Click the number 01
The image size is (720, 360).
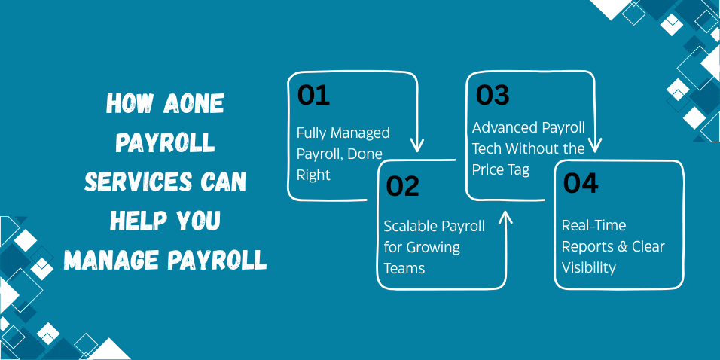click(313, 96)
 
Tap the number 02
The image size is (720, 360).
click(403, 186)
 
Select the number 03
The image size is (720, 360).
click(493, 95)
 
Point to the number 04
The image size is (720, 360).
click(581, 183)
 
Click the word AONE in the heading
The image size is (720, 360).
click(194, 104)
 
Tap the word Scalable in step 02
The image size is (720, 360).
click(412, 226)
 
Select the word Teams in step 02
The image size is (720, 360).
click(404, 267)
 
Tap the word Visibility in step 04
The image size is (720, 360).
click(589, 267)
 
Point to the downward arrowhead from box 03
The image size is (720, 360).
click(595, 145)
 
